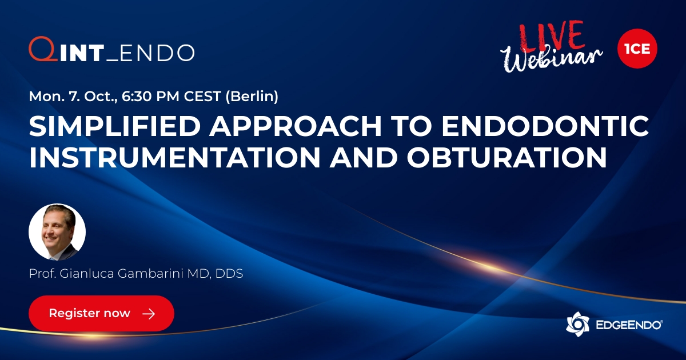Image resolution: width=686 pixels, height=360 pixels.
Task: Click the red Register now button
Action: coord(101,313)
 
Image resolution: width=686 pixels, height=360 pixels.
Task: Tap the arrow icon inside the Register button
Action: coord(149,314)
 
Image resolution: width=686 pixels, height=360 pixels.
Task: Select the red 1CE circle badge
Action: coord(637,50)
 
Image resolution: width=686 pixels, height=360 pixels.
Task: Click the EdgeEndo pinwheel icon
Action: coord(577,324)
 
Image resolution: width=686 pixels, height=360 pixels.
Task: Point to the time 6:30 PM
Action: coord(154,97)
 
